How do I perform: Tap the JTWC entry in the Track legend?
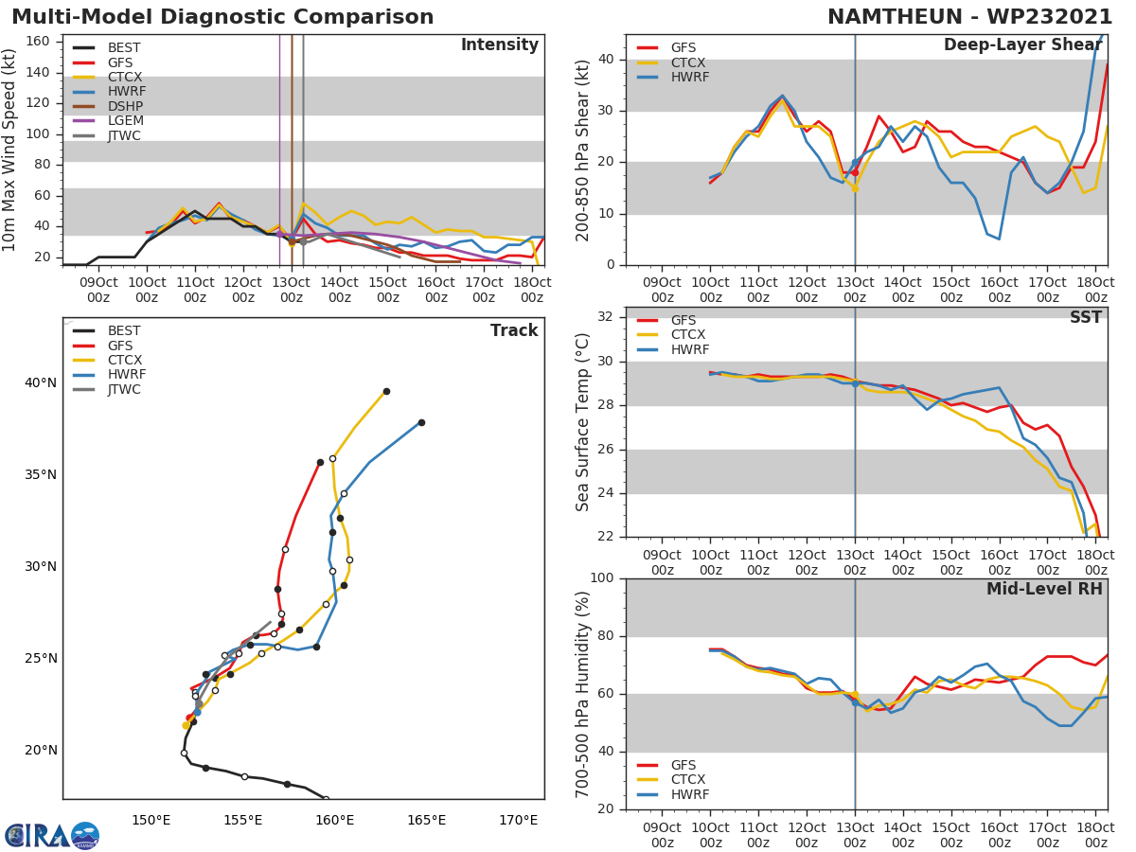tap(124, 389)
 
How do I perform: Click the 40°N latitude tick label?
tap(40, 382)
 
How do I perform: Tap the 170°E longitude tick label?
tap(518, 820)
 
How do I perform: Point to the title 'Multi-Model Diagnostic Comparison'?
tap(222, 17)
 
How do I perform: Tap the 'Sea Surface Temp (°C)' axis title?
tap(584, 422)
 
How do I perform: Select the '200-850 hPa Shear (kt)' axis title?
tap(584, 150)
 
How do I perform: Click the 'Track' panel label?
tap(513, 330)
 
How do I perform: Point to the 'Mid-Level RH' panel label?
tap(1044, 589)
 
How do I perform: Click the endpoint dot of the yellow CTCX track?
tap(386, 391)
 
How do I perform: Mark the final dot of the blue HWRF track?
tap(421, 422)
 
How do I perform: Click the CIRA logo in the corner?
tap(52, 835)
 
